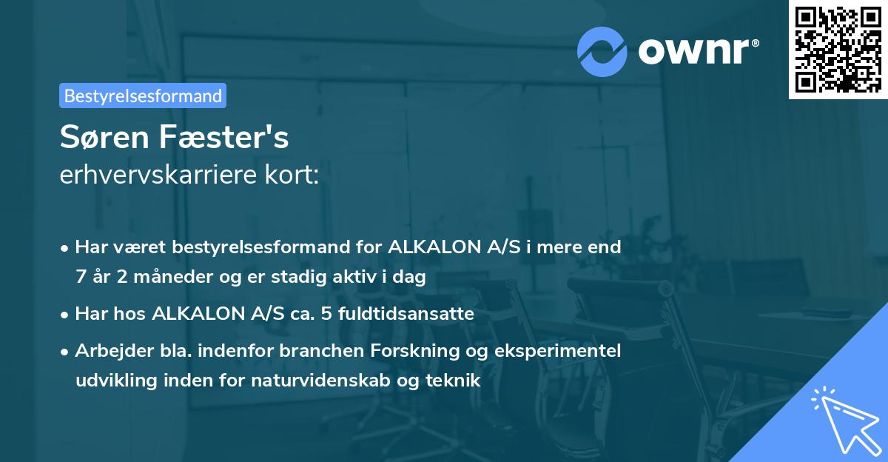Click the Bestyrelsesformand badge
(x=143, y=96)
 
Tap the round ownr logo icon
(x=602, y=51)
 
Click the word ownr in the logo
(x=697, y=51)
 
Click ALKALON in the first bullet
(x=431, y=247)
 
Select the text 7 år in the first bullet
(x=92, y=278)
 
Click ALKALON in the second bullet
(x=196, y=314)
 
